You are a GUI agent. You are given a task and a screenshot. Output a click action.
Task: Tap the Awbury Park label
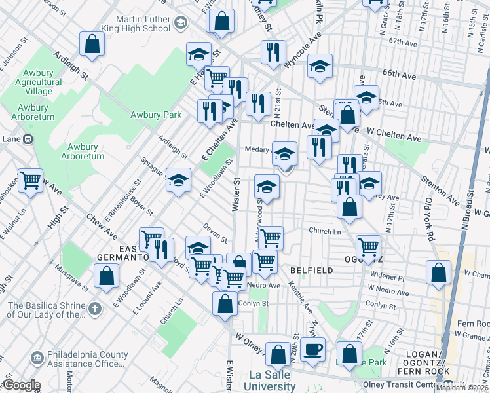pos(155,115)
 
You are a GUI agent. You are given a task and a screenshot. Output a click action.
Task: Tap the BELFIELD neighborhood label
pos(311,270)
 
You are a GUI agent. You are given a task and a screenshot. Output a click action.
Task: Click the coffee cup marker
pos(314,349)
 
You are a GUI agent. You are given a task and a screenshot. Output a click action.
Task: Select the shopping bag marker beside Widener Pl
pos(438,272)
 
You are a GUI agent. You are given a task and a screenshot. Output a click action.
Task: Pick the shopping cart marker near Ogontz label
pos(368,248)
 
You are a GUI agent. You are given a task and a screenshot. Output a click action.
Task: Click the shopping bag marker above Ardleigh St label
pos(92,45)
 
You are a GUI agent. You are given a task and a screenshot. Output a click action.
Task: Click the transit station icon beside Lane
pos(28,139)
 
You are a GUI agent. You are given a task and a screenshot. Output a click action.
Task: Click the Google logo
pos(21,385)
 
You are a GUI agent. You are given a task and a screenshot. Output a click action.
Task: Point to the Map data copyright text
pos(462,387)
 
